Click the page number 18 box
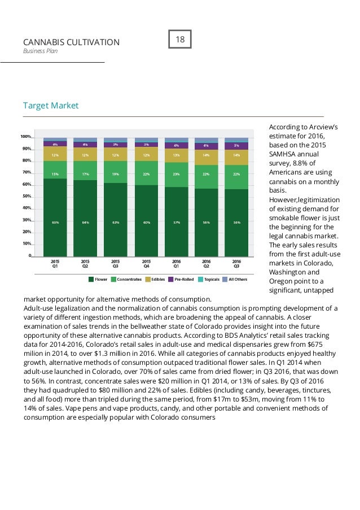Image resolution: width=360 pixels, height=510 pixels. coord(181,40)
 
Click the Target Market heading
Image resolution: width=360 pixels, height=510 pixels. coord(51,106)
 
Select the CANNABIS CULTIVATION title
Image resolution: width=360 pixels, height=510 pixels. coord(71,42)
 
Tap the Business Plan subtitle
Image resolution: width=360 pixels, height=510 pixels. coord(40,51)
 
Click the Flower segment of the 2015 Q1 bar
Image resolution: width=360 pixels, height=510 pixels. coord(55,223)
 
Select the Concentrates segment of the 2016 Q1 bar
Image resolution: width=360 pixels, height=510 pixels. coord(176,175)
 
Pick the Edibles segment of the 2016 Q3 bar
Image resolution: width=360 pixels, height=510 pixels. coord(236,155)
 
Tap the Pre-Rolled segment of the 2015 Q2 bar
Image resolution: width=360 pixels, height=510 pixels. coord(85,145)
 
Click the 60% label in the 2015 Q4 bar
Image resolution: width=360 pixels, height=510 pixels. coord(146,223)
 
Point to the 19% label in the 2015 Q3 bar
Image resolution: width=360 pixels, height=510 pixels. coord(116,174)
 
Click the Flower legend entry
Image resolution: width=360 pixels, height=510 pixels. coord(98,279)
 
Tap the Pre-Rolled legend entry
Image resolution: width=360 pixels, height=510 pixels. coord(181,279)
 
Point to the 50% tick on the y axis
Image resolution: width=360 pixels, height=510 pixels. coord(26,197)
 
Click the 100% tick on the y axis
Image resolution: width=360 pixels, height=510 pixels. coord(25,137)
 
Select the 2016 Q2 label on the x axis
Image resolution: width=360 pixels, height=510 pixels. coord(207,264)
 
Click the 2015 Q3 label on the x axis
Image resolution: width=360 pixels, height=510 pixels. coord(115,264)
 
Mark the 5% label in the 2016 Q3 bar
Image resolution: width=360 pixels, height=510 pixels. coord(236,146)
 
